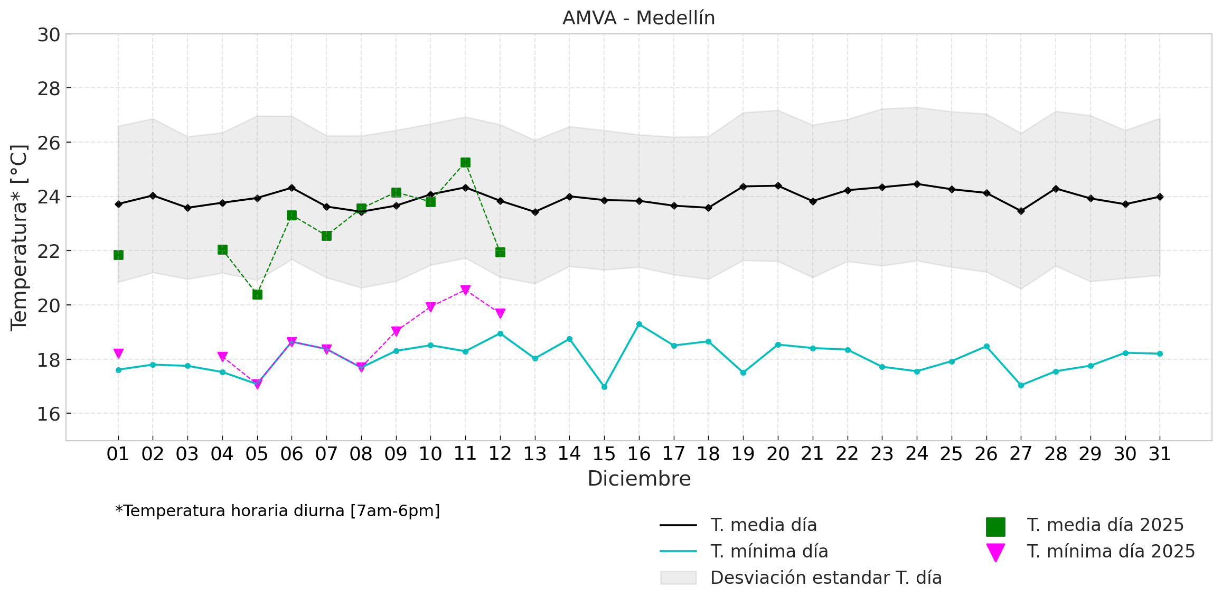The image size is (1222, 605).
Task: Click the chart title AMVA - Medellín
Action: (x=638, y=18)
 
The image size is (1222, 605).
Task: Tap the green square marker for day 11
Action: (x=465, y=163)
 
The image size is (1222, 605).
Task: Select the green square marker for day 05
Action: (x=257, y=294)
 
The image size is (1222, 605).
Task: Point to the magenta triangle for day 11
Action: (x=465, y=290)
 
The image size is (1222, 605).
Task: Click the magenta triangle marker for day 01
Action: (x=118, y=353)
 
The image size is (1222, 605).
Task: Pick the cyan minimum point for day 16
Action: (x=639, y=324)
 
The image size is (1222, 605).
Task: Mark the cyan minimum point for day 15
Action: (x=604, y=387)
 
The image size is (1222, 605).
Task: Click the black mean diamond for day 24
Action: (x=917, y=184)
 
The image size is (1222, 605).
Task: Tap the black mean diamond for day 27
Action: (x=1021, y=211)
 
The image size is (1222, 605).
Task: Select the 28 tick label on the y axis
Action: (x=49, y=89)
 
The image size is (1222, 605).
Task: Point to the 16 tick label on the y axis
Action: (x=49, y=414)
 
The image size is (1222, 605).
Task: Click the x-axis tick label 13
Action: (x=534, y=454)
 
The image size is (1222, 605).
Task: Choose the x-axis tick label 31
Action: (x=1160, y=454)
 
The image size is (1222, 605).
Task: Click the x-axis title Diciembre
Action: (x=639, y=479)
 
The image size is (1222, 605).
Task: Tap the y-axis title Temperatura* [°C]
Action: (x=19, y=237)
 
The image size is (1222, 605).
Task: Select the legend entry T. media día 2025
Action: (x=1105, y=525)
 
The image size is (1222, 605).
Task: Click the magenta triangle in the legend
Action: (x=995, y=552)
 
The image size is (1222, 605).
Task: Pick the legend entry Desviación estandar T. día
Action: (x=826, y=578)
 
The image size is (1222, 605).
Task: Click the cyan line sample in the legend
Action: (x=678, y=552)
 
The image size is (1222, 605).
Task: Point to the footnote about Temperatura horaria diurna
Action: (x=278, y=511)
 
